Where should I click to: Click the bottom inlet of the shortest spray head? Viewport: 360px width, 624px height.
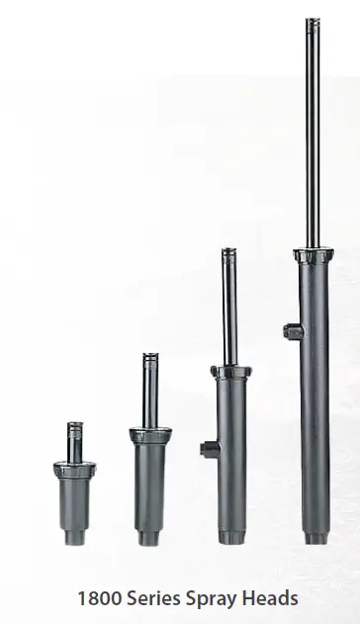tap(74, 538)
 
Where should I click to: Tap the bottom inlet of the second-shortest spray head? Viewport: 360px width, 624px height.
tap(148, 540)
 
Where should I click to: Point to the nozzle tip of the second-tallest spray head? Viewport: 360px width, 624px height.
tap(228, 253)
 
